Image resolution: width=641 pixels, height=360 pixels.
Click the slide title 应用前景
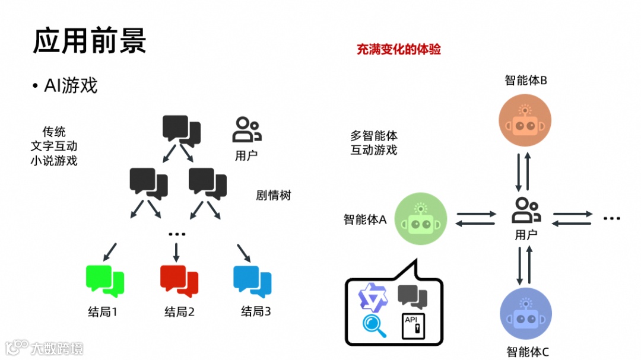point(89,42)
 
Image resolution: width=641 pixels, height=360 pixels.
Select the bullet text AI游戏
point(70,86)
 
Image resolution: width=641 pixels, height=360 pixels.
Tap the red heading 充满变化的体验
point(398,49)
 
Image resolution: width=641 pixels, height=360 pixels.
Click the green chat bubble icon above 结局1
point(105,280)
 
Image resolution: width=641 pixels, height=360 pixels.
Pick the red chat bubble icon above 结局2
point(179,280)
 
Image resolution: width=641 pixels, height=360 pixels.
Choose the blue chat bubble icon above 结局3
point(252,280)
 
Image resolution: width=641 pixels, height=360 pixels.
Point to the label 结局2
point(179,311)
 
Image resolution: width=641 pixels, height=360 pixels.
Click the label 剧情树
point(274,195)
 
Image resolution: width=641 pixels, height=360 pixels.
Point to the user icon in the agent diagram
point(526,211)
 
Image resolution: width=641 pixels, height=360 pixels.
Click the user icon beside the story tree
point(246,130)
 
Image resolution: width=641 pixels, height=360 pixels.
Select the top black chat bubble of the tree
point(181,130)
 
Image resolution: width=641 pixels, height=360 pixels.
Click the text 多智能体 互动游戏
point(373,143)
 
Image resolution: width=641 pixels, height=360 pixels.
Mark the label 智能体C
point(528,352)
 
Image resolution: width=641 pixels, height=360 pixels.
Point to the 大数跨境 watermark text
point(57,348)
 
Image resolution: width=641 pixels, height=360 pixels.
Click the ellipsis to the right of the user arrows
point(611,219)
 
